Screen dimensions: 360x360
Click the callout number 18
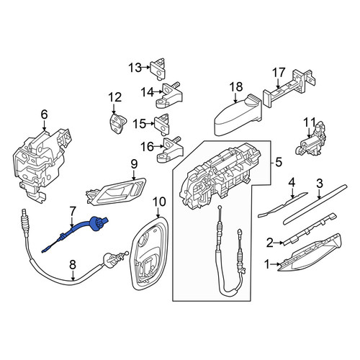coord(236,87)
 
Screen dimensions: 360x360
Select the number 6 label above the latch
coord(45,114)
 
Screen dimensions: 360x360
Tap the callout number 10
coord(159,202)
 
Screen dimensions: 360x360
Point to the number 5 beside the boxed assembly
coord(279,163)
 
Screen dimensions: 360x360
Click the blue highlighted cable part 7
coord(79,228)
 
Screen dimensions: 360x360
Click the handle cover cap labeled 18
coord(238,115)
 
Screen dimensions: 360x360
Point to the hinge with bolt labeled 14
coord(169,96)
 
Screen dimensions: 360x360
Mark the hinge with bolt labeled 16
coord(170,150)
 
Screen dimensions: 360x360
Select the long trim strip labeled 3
coord(315,204)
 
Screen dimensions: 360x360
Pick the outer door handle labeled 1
coord(310,254)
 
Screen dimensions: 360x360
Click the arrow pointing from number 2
coord(279,243)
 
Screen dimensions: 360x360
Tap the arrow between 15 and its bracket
coord(150,124)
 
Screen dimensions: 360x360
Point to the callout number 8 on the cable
coord(73,265)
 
